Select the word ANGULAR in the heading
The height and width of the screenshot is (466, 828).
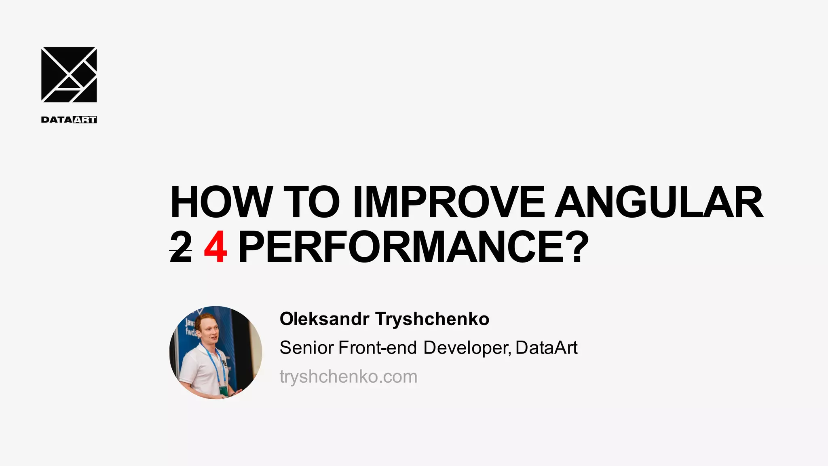coord(659,202)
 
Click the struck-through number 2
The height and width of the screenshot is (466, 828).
coord(181,248)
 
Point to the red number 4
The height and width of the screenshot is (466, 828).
coord(215,248)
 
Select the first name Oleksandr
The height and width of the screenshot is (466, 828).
coord(324,319)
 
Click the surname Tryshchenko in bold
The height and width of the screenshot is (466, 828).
coord(432,319)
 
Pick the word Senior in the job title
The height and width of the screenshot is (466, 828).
coord(306,348)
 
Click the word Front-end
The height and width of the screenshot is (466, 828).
coord(377,348)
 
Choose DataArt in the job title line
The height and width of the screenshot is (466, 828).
coord(546,348)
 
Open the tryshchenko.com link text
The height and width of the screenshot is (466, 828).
coord(348,377)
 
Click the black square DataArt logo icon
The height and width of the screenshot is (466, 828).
coord(69,75)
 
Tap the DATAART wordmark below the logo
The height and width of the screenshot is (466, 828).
coord(69,120)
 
